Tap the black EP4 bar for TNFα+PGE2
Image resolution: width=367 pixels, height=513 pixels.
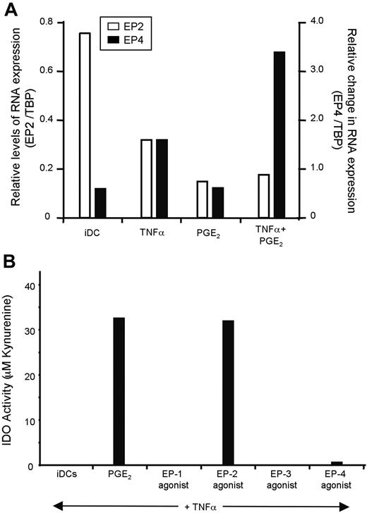279,134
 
